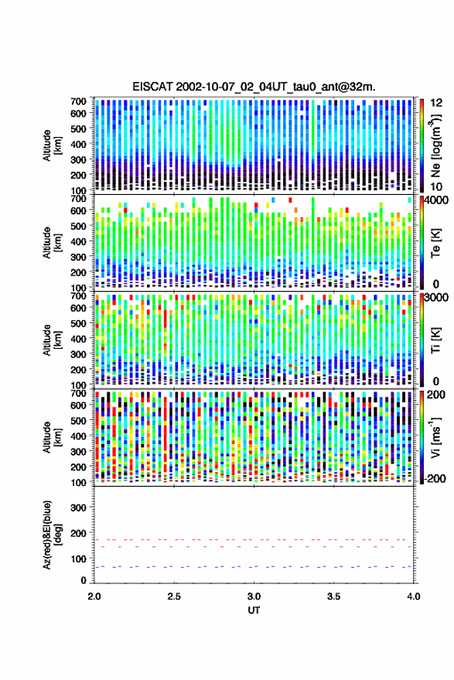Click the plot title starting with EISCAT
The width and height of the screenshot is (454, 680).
click(254, 87)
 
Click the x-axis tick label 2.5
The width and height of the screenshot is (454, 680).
click(174, 596)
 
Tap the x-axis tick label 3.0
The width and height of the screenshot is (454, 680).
click(254, 596)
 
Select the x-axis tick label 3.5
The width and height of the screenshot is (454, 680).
click(334, 596)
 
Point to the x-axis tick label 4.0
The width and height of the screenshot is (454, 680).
click(413, 596)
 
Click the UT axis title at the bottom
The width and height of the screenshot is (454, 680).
click(254, 610)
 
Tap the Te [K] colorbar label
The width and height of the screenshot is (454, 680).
click(435, 243)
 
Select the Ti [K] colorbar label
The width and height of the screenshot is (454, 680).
click(435, 340)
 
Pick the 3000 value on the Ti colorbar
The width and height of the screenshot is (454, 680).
click(436, 298)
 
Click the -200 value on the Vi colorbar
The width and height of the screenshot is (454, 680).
click(434, 478)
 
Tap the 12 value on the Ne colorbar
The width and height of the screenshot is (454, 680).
click(436, 103)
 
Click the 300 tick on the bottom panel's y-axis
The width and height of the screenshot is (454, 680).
click(78, 507)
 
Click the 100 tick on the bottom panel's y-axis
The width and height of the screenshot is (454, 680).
click(78, 559)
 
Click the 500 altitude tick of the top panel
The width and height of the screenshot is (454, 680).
click(78, 128)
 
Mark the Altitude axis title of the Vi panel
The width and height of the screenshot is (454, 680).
click(51, 437)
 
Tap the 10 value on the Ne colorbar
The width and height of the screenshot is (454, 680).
click(436, 186)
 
